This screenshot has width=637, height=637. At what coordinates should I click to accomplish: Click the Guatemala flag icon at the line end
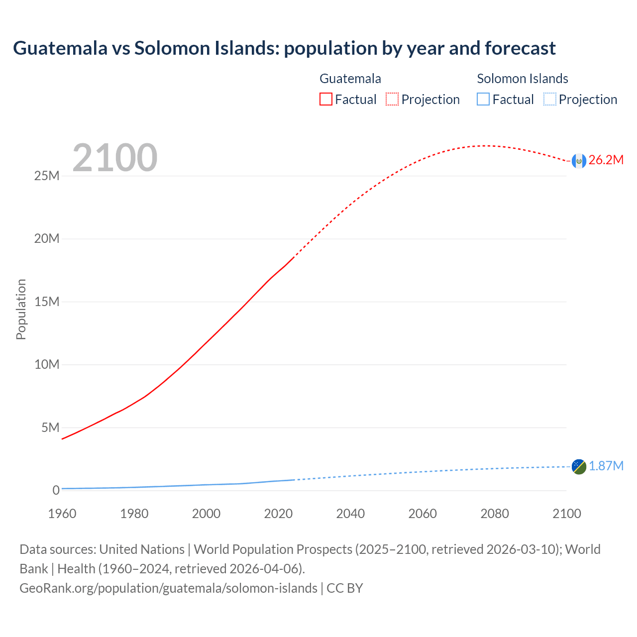(579, 161)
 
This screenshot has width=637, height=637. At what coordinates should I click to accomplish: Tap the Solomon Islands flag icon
(579, 466)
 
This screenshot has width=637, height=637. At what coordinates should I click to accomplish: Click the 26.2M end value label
(606, 160)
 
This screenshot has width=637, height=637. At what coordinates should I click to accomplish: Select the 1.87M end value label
(606, 466)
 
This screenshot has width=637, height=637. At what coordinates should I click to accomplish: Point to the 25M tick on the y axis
(47, 176)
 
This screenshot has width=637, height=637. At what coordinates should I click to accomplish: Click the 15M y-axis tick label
(47, 302)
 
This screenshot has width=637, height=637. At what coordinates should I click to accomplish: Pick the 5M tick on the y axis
(50, 428)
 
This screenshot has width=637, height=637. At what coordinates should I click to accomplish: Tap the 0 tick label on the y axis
(56, 491)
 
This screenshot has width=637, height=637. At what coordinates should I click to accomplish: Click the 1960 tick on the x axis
(62, 514)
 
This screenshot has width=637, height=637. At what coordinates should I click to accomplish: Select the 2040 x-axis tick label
(350, 514)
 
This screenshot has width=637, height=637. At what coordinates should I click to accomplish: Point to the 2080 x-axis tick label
(495, 514)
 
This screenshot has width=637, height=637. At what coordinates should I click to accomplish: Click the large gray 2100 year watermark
(115, 158)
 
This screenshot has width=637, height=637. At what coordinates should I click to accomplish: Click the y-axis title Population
(21, 309)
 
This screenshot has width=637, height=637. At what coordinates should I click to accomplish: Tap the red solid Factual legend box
(326, 100)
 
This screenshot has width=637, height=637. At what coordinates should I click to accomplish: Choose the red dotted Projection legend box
(392, 100)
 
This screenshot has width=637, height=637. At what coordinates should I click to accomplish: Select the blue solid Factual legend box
(483, 100)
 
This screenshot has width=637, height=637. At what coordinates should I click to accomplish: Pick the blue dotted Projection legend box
(550, 100)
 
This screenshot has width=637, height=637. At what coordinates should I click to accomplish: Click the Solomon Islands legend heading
(523, 79)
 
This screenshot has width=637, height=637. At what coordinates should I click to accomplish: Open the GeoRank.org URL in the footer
(168, 588)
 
